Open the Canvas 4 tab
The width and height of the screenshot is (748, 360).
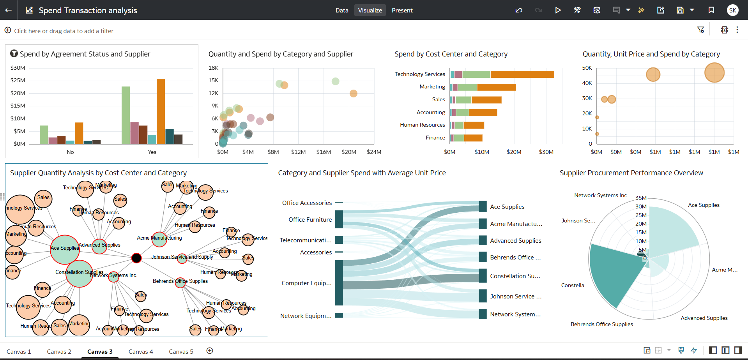(x=141, y=351)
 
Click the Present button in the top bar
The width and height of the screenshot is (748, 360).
(x=402, y=11)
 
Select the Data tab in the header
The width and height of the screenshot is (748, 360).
(x=342, y=11)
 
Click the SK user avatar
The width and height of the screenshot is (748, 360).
(x=732, y=10)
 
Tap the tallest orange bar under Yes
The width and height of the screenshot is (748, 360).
(x=161, y=111)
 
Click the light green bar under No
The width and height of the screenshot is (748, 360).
(x=44, y=135)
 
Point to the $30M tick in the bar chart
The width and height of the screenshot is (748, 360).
(x=18, y=68)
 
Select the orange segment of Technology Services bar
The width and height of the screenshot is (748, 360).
(x=522, y=74)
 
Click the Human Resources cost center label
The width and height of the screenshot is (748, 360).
(x=423, y=125)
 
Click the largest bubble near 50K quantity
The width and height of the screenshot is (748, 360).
(x=714, y=72)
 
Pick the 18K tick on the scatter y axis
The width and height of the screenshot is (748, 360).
(x=214, y=68)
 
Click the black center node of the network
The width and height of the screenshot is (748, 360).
(x=136, y=258)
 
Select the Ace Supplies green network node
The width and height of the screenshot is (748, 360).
(x=65, y=250)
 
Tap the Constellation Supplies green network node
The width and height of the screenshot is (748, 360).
(x=80, y=274)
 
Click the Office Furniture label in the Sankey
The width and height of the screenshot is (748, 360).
(x=310, y=220)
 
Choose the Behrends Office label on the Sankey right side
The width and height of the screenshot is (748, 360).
(x=515, y=258)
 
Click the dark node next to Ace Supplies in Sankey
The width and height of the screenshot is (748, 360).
(x=483, y=206)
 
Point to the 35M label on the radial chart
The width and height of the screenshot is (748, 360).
(x=641, y=198)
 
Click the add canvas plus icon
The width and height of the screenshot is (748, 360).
(x=210, y=351)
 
